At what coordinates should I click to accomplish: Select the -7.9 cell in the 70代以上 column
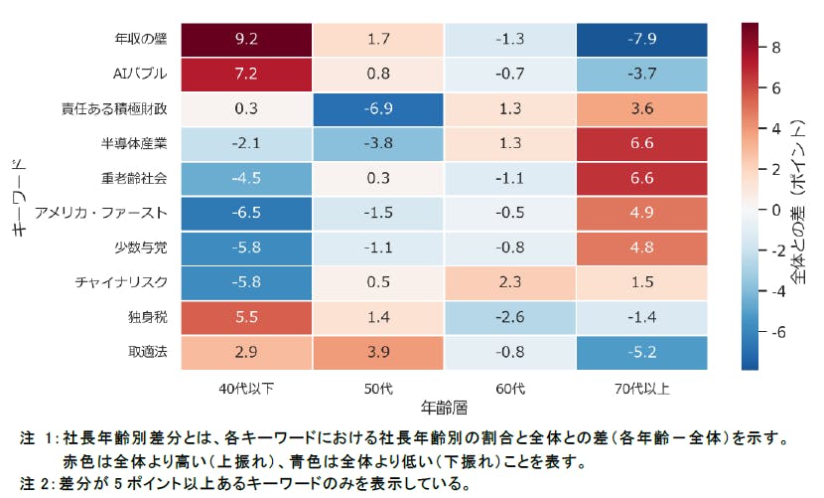click(x=641, y=40)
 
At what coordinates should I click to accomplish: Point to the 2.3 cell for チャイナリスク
click(x=510, y=282)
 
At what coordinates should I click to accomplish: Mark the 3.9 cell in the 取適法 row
click(x=378, y=352)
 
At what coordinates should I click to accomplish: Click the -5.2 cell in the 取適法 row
click(x=641, y=352)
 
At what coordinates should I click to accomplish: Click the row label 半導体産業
click(x=143, y=144)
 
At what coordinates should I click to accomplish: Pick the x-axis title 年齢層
click(x=444, y=407)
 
